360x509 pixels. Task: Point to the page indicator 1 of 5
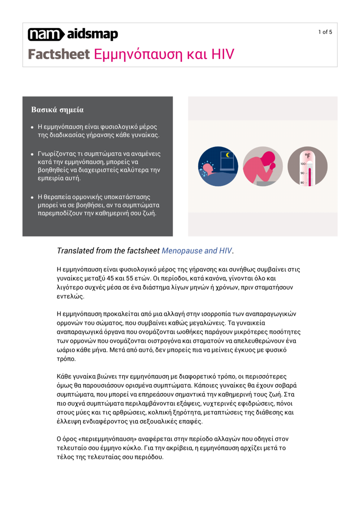(325, 32)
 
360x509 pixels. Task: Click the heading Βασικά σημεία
(57, 110)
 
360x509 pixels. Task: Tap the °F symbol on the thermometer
(307, 155)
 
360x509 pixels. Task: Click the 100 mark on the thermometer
(303, 164)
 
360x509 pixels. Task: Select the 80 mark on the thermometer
(303, 183)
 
